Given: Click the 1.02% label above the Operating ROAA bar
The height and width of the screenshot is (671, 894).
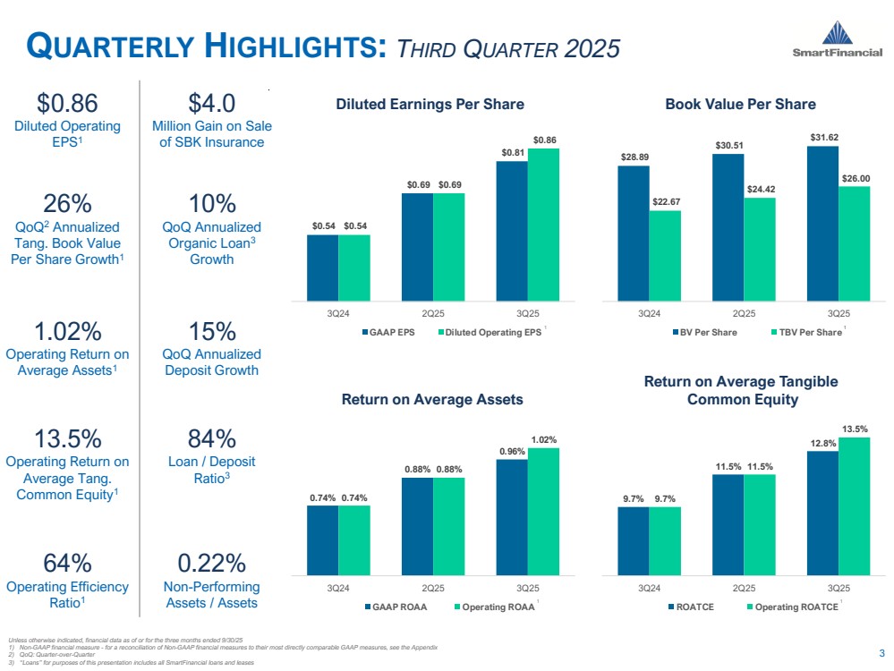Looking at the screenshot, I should point(543,439).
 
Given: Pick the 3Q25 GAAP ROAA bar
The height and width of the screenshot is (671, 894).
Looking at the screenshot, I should point(512,516).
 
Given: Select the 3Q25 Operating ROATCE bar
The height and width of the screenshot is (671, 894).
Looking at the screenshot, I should point(854,505).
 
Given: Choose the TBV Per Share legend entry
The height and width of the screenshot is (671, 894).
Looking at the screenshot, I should point(805,333).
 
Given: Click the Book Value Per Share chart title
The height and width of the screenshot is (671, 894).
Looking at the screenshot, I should point(740,104).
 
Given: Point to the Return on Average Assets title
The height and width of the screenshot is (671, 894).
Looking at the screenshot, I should point(432,399).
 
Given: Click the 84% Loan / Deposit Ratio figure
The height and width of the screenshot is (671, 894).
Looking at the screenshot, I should point(212,439).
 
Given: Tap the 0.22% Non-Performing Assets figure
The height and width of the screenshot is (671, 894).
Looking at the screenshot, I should point(212,564).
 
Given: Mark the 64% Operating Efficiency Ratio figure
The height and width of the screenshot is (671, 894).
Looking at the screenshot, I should point(67,564).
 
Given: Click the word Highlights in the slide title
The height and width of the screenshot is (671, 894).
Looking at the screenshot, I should point(295,46).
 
